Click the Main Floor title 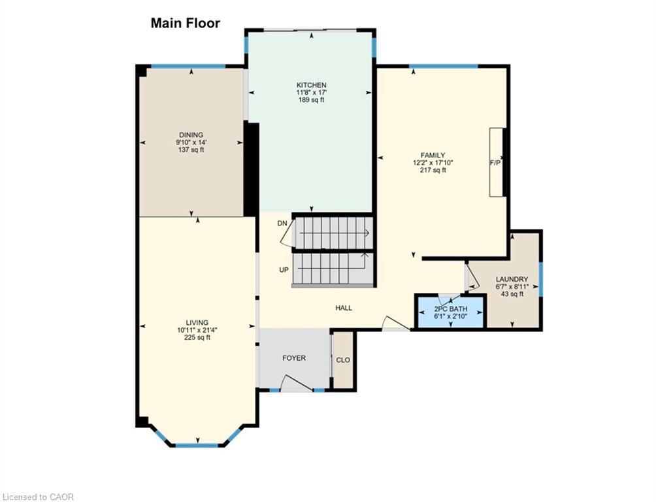click(x=186, y=23)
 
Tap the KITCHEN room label click(x=312, y=85)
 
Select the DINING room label click(x=191, y=135)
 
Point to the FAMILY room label click(x=433, y=156)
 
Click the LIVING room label click(x=197, y=322)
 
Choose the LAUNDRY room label click(x=512, y=279)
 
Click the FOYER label click(x=294, y=358)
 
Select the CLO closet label click(x=343, y=360)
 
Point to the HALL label click(x=344, y=308)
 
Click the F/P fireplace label click(x=495, y=163)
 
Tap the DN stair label click(x=282, y=224)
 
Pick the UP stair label click(x=284, y=270)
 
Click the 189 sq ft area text click(x=312, y=100)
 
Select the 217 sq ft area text click(x=433, y=171)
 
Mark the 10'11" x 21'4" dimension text click(x=197, y=330)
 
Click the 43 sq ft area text click(x=512, y=294)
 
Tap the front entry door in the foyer click(x=296, y=383)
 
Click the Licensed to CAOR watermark click(x=37, y=497)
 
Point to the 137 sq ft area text click(x=191, y=150)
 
